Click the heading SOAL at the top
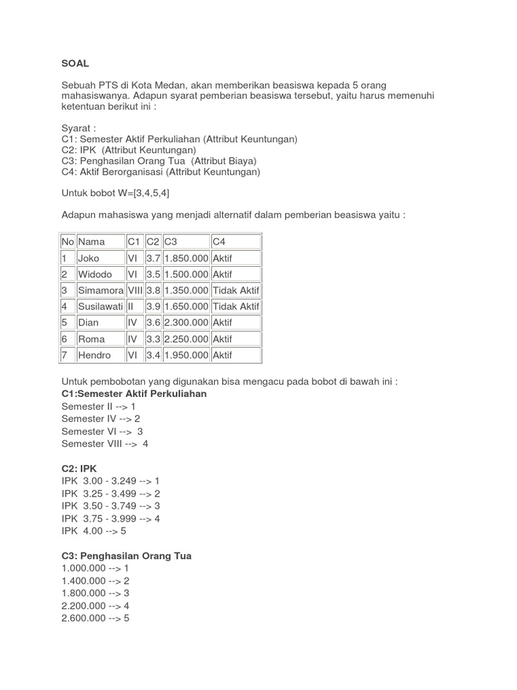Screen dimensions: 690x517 (75, 63)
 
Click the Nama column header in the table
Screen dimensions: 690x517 (92, 242)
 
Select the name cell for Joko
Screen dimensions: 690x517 (89, 258)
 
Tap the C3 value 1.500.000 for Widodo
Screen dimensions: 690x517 (186, 274)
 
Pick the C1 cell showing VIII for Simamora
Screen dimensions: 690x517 (135, 290)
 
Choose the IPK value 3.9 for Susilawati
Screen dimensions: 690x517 (153, 307)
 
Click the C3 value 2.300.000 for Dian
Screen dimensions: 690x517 (186, 323)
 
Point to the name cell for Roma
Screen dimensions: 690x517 (92, 339)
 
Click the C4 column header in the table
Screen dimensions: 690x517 (220, 242)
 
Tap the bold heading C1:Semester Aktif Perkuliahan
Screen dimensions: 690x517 (134, 394)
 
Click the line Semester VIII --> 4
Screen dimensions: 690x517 (105, 443)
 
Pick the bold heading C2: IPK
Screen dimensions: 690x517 (79, 468)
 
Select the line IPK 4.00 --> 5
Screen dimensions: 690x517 (94, 531)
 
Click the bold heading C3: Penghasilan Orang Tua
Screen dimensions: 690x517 (127, 556)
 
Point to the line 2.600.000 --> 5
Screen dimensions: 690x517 (95, 618)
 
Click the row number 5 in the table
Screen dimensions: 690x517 (65, 323)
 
